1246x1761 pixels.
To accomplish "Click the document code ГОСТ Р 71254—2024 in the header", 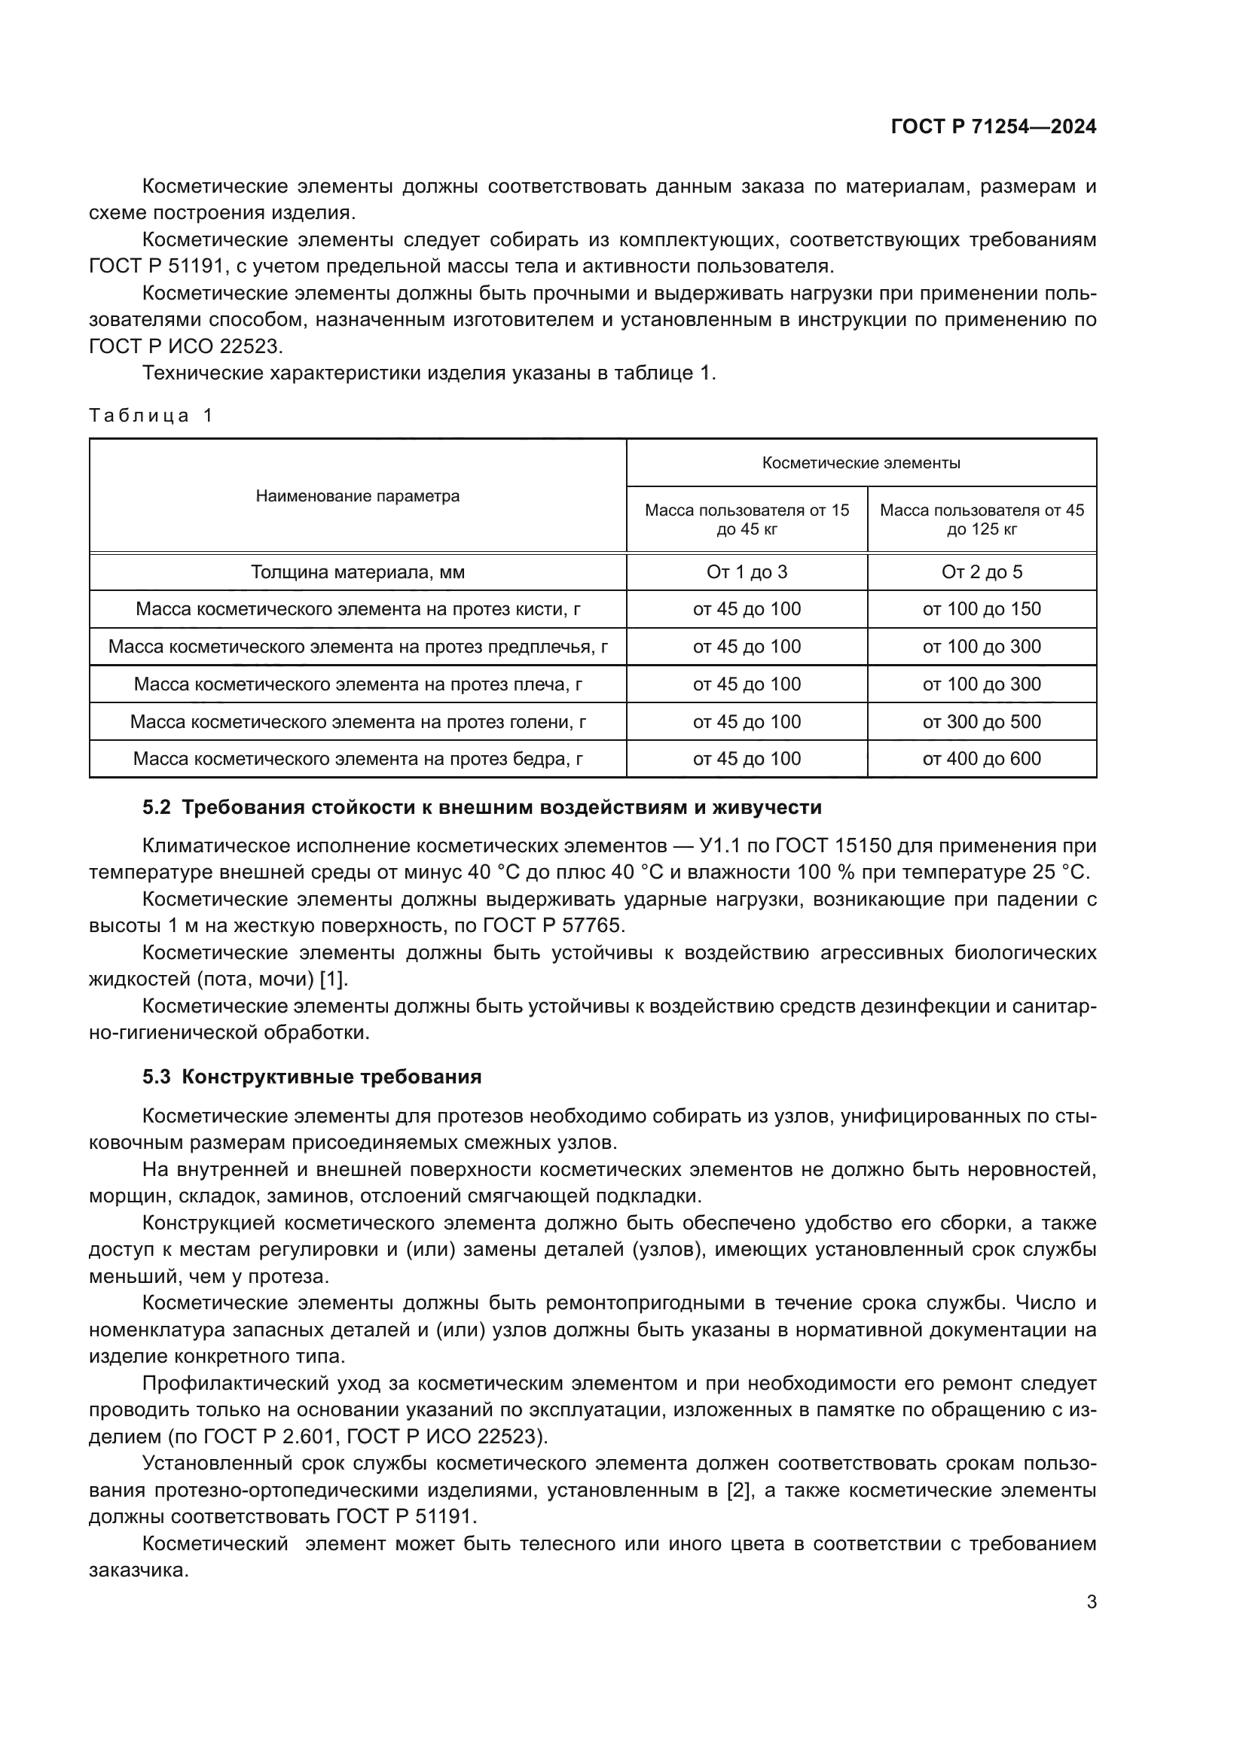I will point(994,127).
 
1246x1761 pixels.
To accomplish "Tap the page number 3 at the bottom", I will point(1091,1601).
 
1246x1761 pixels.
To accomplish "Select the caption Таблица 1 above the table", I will point(151,416).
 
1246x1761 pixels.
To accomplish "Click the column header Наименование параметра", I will point(358,496).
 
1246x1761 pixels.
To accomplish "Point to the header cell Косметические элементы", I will point(861,463).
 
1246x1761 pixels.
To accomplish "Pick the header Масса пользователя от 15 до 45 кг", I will point(747,519).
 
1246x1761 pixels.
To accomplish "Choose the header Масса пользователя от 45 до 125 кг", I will point(982,519).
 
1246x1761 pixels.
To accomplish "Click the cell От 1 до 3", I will point(747,572).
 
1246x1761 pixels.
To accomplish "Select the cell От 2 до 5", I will point(982,572).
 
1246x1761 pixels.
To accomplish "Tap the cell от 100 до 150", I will point(982,609).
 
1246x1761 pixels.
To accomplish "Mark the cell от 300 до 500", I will point(982,722).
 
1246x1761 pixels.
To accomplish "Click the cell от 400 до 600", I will point(982,759).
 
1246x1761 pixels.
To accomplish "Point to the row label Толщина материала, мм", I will point(358,572).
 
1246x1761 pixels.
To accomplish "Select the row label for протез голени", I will point(358,722).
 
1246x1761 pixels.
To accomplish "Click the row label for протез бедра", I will point(358,759).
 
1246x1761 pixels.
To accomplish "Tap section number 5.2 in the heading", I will point(156,808).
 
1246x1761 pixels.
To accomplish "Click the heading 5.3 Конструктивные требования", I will point(312,1077).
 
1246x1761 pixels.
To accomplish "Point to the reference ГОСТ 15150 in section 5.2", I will point(833,846).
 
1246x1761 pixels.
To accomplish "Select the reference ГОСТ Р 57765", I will point(553,926).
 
